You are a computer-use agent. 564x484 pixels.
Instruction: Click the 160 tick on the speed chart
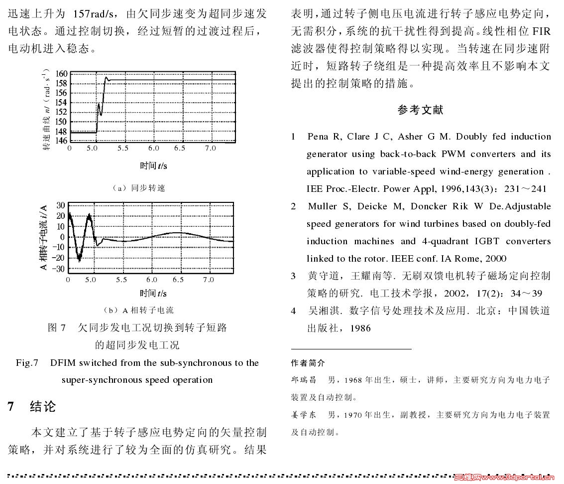(61, 74)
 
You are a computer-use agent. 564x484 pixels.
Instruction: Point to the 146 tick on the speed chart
(61, 141)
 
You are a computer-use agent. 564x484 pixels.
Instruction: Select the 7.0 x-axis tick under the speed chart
(210, 148)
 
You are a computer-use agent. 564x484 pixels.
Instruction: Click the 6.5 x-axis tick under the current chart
(178, 280)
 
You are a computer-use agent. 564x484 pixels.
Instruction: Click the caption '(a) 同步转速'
(138, 188)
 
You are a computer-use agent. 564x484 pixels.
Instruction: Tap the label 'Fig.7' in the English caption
(27, 363)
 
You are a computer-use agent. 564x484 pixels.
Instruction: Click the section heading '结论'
(43, 406)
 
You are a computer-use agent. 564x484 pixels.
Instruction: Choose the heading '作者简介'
(308, 363)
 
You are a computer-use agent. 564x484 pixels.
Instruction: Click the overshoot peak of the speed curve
(106, 77)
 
